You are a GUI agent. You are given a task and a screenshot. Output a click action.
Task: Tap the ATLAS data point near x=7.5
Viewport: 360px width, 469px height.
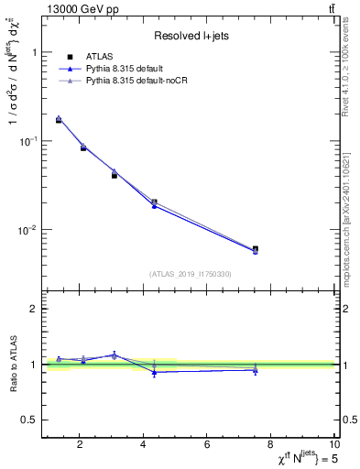coord(256,248)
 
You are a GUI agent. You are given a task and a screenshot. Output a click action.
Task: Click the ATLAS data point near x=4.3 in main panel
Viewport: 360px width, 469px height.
coord(154,202)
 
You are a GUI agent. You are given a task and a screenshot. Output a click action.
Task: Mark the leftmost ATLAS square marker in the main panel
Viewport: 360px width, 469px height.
coord(59,120)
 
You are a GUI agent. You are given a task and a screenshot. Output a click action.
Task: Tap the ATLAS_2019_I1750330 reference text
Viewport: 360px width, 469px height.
coord(191,274)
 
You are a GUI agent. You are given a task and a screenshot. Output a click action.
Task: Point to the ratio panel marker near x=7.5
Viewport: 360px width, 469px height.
coord(256,369)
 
